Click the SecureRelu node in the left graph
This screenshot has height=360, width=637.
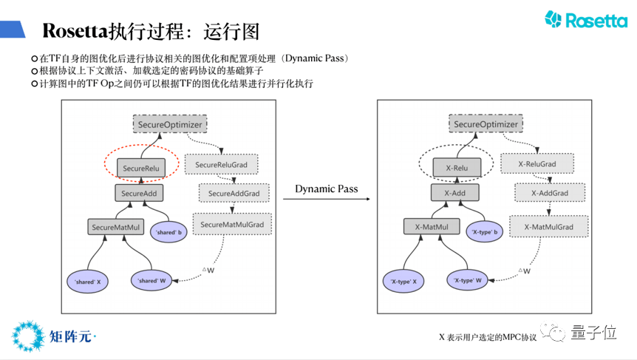click(140, 169)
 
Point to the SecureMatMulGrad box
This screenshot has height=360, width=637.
click(232, 224)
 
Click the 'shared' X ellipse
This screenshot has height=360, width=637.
click(88, 281)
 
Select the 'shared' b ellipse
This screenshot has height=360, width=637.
click(168, 233)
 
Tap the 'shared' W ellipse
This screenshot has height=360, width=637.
click(155, 281)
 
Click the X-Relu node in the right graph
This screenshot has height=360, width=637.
click(457, 168)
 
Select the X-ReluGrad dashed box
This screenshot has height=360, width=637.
click(536, 163)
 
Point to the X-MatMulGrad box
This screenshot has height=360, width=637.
click(548, 226)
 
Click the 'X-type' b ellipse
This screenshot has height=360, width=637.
click(485, 233)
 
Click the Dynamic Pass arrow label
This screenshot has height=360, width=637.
click(326, 189)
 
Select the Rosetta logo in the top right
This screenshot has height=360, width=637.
click(585, 20)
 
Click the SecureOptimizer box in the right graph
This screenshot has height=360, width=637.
click(486, 124)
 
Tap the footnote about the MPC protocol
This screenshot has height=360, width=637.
click(488, 337)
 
